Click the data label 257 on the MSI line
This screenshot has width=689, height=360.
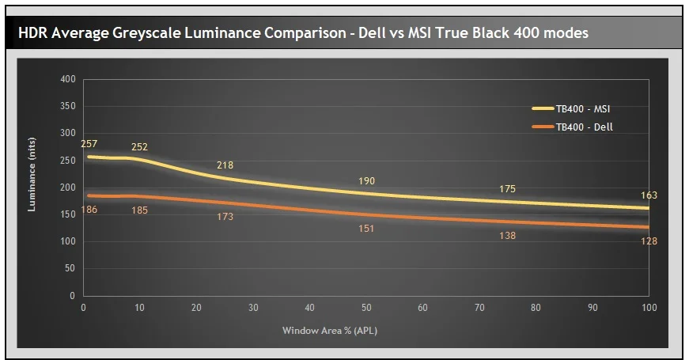89,144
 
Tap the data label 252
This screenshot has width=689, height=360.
139,147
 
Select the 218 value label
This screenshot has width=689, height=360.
225,165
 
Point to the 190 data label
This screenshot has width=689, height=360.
366,181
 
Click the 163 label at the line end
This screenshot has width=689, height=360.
649,195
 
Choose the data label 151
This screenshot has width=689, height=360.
366,229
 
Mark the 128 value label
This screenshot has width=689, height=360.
649,241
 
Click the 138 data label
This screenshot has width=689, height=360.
507,236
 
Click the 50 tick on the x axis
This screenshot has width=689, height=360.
366,308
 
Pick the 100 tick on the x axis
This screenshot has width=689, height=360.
649,308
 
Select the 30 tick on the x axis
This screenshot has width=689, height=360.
253,308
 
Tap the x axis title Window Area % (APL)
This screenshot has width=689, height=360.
330,330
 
